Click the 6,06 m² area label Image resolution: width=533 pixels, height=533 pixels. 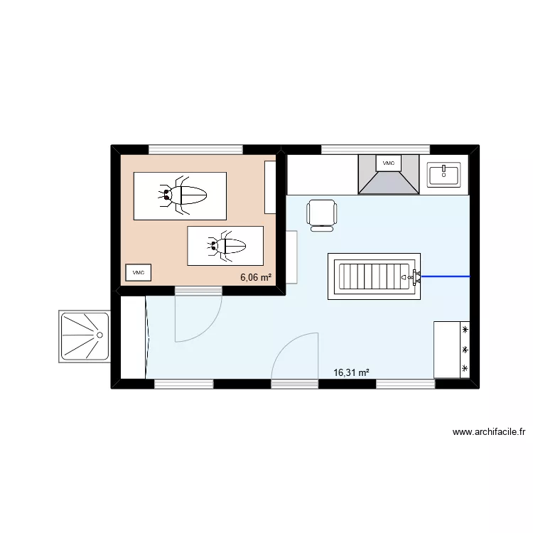click(256, 278)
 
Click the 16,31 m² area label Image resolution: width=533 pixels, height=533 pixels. click(352, 372)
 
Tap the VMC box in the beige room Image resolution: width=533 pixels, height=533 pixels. click(138, 272)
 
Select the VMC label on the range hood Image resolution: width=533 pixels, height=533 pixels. click(388, 163)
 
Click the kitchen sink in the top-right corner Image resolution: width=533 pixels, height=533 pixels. click(444, 174)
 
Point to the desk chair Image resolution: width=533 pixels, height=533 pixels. click(322, 215)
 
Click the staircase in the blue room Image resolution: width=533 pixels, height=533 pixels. click(373, 276)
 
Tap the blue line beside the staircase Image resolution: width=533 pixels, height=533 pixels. click(446, 276)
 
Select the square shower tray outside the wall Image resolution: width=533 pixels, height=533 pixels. click(84, 336)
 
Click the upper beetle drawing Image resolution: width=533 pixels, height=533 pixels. click(181, 195)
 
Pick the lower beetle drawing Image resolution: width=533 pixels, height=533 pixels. click(225, 246)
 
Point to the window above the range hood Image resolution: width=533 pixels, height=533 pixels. click(375, 149)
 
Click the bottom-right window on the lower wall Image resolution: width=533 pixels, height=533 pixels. click(405, 384)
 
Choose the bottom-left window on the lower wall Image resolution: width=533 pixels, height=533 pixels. click(184, 384)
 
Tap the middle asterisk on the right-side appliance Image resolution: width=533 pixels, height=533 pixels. click(465, 350)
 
